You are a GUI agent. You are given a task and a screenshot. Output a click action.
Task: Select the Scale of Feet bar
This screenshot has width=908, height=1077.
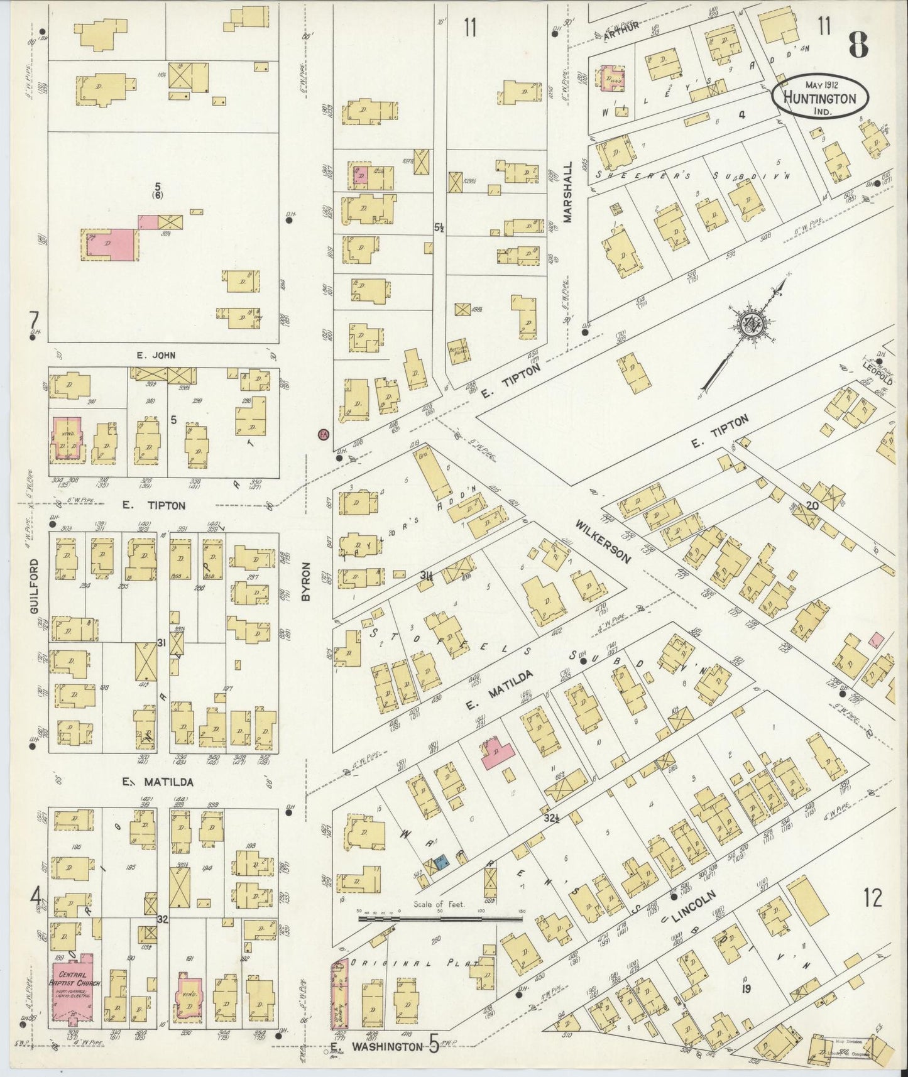[439, 918]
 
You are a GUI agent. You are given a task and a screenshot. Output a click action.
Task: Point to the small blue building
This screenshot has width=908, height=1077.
[442, 864]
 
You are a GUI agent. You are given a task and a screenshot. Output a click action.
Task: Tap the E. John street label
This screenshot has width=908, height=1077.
[156, 355]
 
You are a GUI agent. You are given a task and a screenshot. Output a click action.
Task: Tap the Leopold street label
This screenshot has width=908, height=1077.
[877, 374]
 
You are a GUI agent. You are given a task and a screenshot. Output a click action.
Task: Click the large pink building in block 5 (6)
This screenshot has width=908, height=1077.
[108, 244]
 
